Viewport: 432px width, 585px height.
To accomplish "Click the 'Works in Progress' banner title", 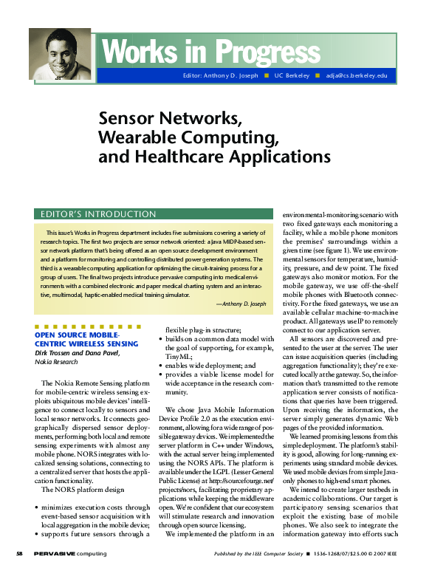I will click(x=205, y=52).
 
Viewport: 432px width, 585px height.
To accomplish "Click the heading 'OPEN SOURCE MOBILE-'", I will click(x=76, y=335).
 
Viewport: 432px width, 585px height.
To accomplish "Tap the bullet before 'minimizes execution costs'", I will click(x=37, y=507).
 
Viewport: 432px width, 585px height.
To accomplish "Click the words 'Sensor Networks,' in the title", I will click(x=170, y=118).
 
